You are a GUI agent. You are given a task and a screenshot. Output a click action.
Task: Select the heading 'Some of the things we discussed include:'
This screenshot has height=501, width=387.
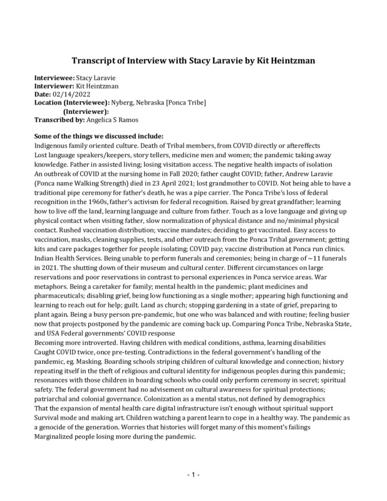pos(100,137)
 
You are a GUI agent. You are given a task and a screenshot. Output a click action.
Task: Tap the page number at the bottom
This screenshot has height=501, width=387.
pos(194,476)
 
